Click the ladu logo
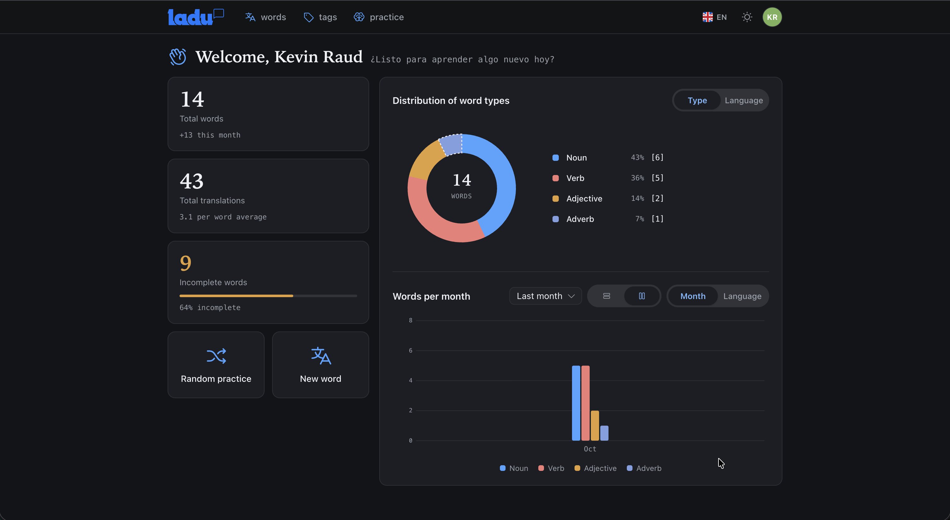pos(196,17)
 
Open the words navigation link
pos(266,17)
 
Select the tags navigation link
pos(320,17)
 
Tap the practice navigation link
pos(379,17)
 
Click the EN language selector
pos(714,17)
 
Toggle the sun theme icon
pos(747,17)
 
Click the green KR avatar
pos(772,17)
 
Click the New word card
pos(320,365)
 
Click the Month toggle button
pos(693,296)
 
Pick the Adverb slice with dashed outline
pos(451,144)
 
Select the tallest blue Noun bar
pos(576,403)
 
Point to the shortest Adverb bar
pos(604,433)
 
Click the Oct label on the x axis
pos(590,449)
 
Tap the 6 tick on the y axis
pos(410,350)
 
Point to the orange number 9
pos(186,263)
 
